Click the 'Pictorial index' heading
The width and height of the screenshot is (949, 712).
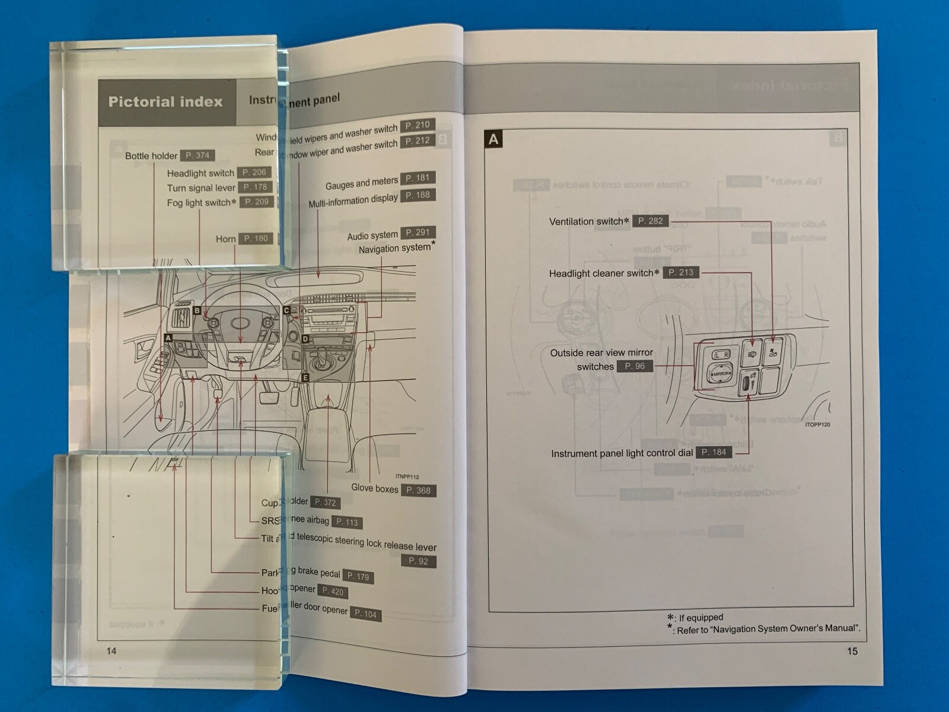[x=165, y=102]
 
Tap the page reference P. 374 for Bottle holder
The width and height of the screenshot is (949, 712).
[x=197, y=155]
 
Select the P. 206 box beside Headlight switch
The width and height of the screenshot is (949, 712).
[x=254, y=173]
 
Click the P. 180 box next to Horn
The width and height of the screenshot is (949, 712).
[x=256, y=239]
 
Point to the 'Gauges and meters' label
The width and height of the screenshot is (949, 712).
[x=361, y=183]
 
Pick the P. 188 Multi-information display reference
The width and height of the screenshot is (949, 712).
[x=418, y=195]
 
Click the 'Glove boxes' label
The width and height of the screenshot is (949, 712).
[x=374, y=488]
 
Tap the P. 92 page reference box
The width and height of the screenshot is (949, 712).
[x=418, y=561]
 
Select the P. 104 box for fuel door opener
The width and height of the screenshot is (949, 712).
[x=365, y=614]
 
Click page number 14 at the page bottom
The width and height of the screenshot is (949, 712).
[x=112, y=651]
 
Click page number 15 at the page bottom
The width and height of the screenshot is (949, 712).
[x=852, y=651]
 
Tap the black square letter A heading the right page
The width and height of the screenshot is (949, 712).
[x=493, y=140]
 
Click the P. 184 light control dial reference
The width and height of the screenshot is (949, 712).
[x=714, y=452]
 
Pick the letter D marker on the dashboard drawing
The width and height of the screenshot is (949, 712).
[x=305, y=339]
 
